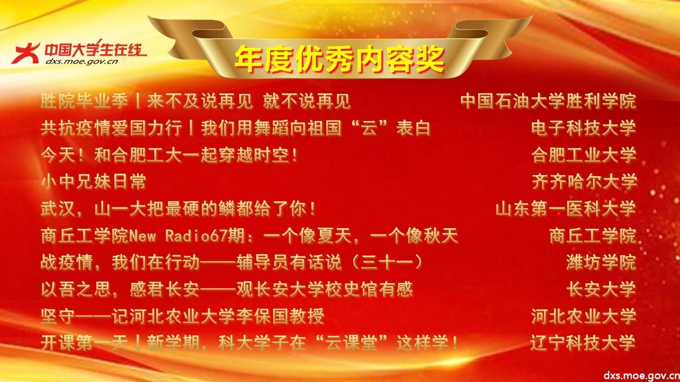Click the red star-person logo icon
tap(25, 54)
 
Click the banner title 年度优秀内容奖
tap(339, 59)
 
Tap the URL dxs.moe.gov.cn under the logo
tap(82, 62)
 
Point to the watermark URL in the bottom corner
tap(641, 375)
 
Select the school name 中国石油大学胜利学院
tap(548, 101)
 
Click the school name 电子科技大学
tap(583, 128)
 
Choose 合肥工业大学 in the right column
tap(583, 155)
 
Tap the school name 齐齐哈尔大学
tap(584, 181)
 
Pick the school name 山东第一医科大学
tap(566, 209)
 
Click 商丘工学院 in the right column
tap(592, 236)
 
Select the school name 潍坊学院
tap(601, 262)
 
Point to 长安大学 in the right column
tap(601, 289)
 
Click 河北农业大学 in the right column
tap(583, 316)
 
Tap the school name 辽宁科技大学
tap(583, 343)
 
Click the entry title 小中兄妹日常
tap(93, 181)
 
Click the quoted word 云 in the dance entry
tap(369, 128)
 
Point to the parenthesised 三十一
tap(387, 263)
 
